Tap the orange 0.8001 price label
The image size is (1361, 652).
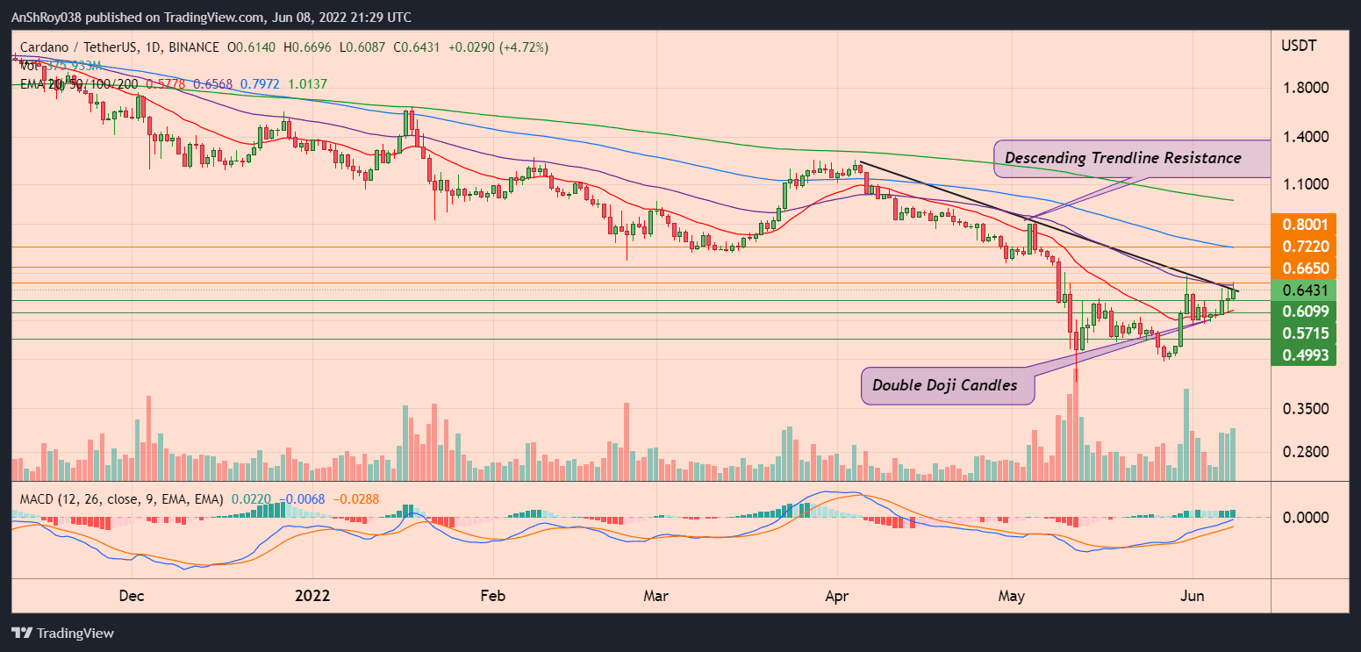pos(1307,224)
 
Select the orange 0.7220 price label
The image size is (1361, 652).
pos(1307,247)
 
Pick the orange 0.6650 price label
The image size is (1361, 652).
pos(1307,269)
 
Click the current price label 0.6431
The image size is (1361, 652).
pos(1307,290)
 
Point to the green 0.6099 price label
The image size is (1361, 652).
pos(1307,312)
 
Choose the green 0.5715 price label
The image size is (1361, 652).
pos(1307,333)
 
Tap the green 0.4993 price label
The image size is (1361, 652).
pos(1307,355)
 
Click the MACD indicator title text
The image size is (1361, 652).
pos(118,499)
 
